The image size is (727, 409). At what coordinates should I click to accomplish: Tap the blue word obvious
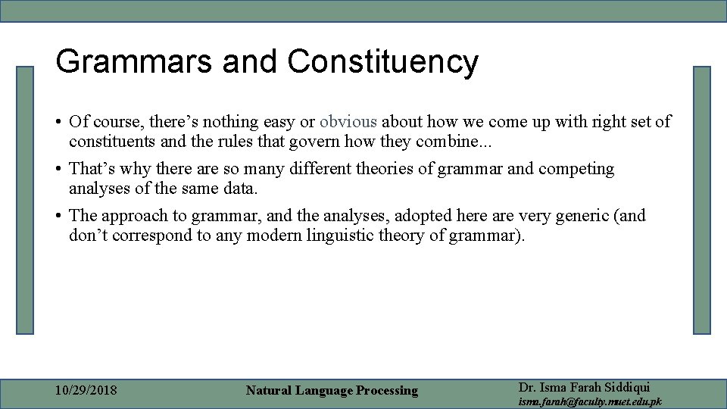pyautogui.click(x=348, y=121)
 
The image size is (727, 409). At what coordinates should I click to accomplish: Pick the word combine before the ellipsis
pyautogui.click(x=448, y=142)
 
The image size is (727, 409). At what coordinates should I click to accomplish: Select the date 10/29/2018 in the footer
pyautogui.click(x=86, y=391)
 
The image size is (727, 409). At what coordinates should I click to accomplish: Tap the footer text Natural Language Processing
pyautogui.click(x=332, y=391)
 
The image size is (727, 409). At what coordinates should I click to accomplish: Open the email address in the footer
pyautogui.click(x=589, y=401)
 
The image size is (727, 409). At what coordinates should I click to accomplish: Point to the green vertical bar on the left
pyautogui.click(x=26, y=200)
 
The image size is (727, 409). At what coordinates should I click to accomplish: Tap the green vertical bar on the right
pyautogui.click(x=702, y=200)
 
